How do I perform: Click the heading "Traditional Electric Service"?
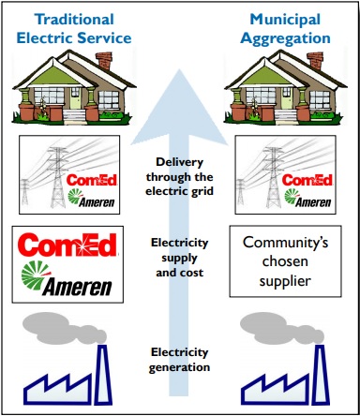click(x=74, y=29)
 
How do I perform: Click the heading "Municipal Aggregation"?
click(x=286, y=29)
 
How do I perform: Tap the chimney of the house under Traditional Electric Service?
click(x=104, y=61)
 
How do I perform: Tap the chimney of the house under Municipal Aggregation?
click(x=315, y=61)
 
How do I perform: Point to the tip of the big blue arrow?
click(x=179, y=69)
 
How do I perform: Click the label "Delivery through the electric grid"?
click(x=180, y=176)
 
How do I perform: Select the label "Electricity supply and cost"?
click(x=180, y=258)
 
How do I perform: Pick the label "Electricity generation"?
click(x=179, y=360)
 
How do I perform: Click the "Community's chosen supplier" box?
click(x=285, y=261)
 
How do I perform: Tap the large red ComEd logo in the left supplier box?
click(x=67, y=245)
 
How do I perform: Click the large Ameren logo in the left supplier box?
click(x=67, y=279)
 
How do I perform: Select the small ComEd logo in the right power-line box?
click(x=307, y=180)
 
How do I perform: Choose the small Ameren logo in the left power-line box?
click(x=91, y=198)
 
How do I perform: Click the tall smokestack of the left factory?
click(x=103, y=375)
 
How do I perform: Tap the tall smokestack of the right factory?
click(x=321, y=375)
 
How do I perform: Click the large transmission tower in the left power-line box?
click(x=58, y=176)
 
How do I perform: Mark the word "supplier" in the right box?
click(x=285, y=281)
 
